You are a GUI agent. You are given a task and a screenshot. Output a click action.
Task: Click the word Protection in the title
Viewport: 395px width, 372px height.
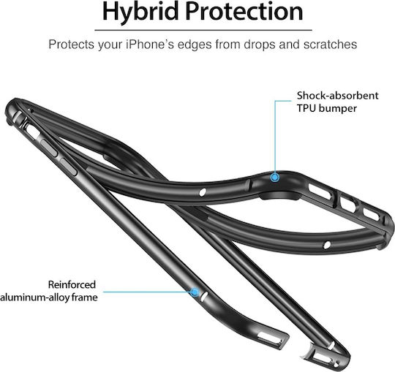[x=244, y=11]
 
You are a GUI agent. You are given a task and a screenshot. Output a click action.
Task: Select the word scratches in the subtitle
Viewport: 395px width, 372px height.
[x=330, y=45]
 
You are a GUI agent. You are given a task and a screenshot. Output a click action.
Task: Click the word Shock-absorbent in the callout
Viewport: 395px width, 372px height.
[x=337, y=96]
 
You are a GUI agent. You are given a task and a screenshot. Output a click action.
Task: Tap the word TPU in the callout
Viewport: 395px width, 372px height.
[x=306, y=108]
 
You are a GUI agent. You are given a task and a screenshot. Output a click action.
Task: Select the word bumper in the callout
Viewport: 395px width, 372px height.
[x=337, y=109]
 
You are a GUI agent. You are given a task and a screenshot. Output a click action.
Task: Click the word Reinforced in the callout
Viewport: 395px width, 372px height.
[x=72, y=284]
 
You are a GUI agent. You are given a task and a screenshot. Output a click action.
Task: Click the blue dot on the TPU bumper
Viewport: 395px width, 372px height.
[x=275, y=178]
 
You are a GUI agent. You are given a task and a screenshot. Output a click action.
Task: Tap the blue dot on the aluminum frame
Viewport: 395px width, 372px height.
[x=195, y=292]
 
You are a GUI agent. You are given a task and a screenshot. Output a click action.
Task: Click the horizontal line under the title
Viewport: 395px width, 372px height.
[x=203, y=30]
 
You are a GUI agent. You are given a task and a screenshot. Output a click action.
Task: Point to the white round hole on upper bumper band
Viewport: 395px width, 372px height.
[x=203, y=192]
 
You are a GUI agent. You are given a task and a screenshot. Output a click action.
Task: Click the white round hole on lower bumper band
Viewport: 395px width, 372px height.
[x=327, y=245]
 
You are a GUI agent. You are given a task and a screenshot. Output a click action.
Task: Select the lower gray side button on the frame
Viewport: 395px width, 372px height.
[x=67, y=167]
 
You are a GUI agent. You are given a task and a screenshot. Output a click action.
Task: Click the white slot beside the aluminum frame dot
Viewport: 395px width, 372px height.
[x=204, y=297]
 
